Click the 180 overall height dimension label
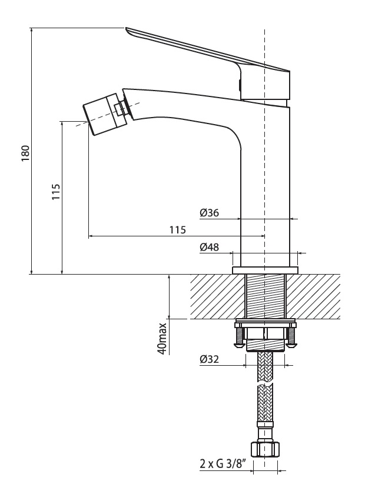pyautogui.click(x=26, y=153)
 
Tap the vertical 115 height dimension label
pyautogui.click(x=56, y=192)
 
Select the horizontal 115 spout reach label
pyautogui.click(x=178, y=230)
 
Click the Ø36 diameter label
pyautogui.click(x=210, y=213)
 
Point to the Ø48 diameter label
pyautogui.click(x=210, y=247)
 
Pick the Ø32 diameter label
pyautogui.click(x=209, y=359)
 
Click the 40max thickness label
pyautogui.click(x=162, y=338)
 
